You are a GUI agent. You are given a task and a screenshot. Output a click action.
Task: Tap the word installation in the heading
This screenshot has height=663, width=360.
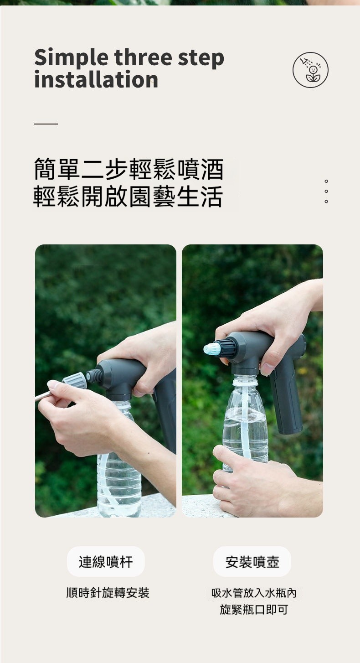[x=96, y=80]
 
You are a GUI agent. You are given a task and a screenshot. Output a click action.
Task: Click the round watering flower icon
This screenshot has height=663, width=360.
[x=310, y=70]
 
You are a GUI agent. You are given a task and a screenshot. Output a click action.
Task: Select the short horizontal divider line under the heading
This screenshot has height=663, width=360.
[x=46, y=124]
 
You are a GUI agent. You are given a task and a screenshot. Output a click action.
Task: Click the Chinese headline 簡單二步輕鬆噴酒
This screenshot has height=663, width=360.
[x=129, y=169]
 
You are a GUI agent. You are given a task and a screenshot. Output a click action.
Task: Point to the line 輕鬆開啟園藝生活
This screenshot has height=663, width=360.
[x=128, y=196]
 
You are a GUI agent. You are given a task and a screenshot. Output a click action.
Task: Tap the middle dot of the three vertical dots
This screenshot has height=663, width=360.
[x=326, y=191]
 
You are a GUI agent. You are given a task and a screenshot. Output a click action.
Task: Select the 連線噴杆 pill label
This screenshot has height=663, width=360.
[x=106, y=562]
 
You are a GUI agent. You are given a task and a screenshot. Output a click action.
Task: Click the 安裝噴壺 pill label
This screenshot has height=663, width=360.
[x=252, y=562]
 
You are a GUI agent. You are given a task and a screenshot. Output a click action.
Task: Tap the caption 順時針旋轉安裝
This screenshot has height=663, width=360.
[x=108, y=593]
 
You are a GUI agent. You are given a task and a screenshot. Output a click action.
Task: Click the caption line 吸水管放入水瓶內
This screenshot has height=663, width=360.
[x=254, y=593]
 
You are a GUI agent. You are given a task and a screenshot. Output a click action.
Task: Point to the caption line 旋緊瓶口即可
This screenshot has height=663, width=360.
[x=254, y=610]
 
